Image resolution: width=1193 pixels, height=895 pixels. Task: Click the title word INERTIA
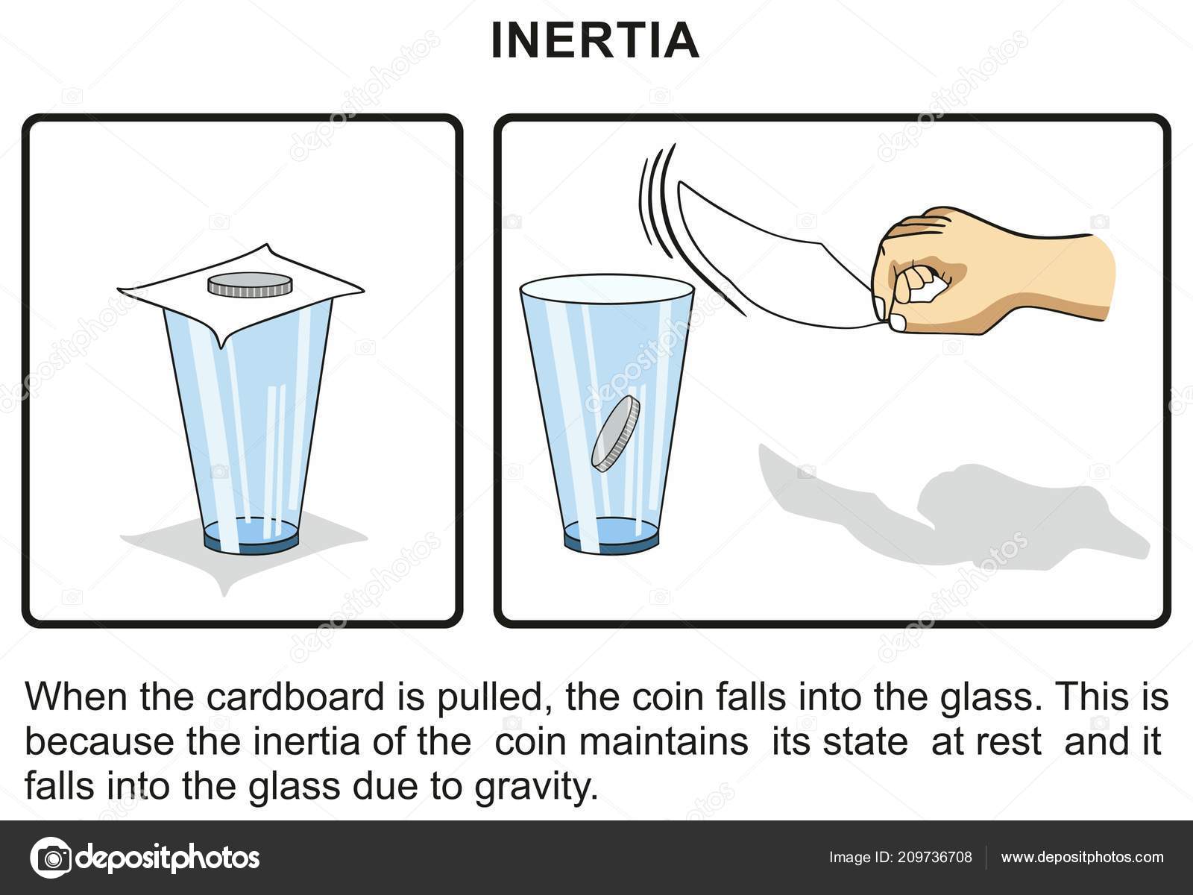(595, 41)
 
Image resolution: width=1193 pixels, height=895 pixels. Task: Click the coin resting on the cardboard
(250, 285)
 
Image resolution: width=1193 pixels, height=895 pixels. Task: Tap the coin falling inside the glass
(615, 433)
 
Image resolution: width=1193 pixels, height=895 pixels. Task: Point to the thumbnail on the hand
(898, 323)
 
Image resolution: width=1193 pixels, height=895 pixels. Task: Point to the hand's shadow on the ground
(951, 511)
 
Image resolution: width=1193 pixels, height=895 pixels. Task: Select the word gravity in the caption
(536, 786)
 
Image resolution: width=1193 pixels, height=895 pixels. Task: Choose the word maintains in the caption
(663, 741)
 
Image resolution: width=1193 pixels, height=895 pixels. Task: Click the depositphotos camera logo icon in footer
(51, 858)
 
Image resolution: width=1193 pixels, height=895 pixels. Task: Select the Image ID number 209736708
(935, 857)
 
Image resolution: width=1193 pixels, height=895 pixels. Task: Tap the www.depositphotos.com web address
(1082, 858)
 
